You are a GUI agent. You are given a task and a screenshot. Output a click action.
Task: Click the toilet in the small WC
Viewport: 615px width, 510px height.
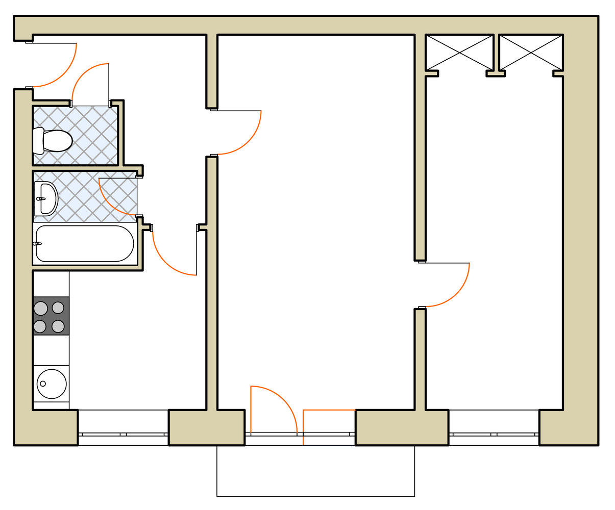click(54, 141)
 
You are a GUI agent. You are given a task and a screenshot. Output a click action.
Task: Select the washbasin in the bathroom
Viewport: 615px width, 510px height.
click(46, 198)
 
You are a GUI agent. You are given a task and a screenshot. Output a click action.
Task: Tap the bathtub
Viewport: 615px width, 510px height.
click(85, 244)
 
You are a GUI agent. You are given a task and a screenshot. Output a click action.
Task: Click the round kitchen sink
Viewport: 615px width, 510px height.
click(52, 384)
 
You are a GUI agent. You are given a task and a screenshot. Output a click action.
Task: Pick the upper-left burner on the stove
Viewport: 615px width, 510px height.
click(41, 308)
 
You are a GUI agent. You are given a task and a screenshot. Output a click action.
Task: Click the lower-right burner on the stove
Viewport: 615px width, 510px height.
click(58, 326)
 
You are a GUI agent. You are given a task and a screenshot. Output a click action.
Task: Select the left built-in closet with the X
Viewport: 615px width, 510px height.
click(459, 52)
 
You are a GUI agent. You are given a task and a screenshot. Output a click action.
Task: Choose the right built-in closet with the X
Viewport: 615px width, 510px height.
click(531, 52)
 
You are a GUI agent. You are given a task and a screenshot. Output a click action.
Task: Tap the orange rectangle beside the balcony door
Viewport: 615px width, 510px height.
click(329, 427)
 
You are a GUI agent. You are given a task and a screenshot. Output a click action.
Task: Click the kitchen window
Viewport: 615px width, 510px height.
click(123, 434)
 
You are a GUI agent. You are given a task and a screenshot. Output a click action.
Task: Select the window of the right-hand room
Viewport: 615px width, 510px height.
click(494, 434)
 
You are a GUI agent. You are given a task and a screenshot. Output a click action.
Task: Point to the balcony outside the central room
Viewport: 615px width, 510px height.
click(315, 472)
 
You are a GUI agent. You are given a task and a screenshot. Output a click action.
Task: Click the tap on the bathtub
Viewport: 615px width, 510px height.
click(37, 244)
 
